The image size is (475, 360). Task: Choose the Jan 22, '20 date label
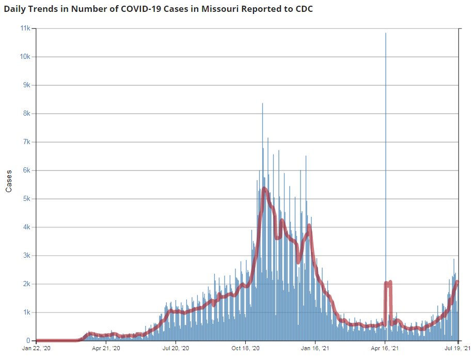pos(36,349)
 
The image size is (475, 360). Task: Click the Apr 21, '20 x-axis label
pos(106,349)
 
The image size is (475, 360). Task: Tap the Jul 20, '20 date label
pos(176,349)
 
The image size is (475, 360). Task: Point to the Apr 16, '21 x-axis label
pos(385,349)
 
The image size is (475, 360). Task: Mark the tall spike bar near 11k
pos(386,36)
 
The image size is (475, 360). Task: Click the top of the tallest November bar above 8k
pos(262,104)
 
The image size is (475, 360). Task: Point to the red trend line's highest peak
pos(264,189)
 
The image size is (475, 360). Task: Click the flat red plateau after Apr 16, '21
pos(388,283)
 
